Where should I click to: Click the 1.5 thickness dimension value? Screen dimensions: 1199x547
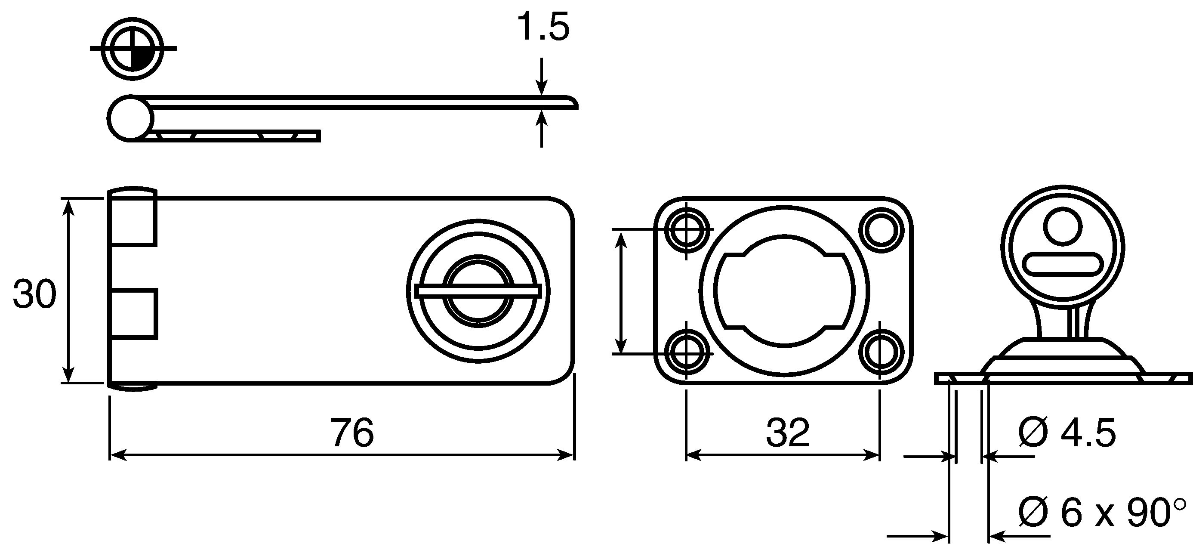tap(543, 28)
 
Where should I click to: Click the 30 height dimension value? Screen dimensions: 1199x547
tap(34, 294)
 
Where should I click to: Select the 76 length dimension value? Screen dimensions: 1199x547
tap(352, 433)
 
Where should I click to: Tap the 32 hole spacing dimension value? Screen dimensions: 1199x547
tap(788, 433)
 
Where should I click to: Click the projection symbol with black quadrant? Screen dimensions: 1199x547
tap(133, 48)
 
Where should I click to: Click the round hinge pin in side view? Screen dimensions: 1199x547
tap(130, 118)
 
